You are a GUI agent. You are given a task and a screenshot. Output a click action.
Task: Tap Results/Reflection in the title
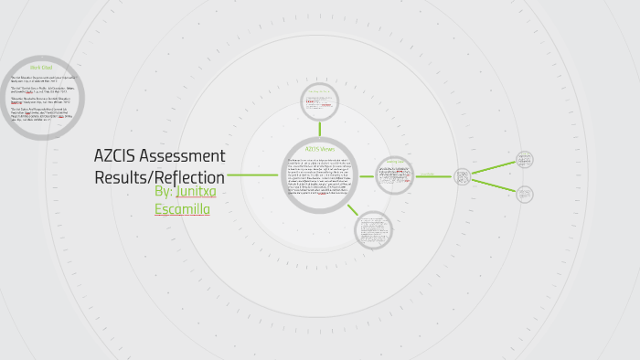[x=159, y=177]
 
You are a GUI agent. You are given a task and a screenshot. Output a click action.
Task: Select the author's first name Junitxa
[x=197, y=192]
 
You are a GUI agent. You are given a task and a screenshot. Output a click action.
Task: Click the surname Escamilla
[x=183, y=209]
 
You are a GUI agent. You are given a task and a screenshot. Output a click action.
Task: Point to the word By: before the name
[x=165, y=192]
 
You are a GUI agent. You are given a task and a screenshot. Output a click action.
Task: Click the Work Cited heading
[x=42, y=68]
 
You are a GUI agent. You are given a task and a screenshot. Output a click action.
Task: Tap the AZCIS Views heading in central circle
[x=320, y=148]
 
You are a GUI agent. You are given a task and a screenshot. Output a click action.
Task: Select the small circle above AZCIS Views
[x=320, y=102]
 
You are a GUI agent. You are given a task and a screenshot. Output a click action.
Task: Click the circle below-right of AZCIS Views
[x=373, y=228]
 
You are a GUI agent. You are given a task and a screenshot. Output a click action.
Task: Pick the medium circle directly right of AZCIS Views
[x=395, y=175]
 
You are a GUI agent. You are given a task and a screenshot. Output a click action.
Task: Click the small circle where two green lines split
[x=463, y=175]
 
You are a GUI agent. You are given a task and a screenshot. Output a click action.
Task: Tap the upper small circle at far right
[x=525, y=159]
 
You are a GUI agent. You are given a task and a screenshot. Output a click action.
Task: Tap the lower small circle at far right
[x=525, y=194]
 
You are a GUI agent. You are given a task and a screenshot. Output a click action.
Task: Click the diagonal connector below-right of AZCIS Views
[x=352, y=209]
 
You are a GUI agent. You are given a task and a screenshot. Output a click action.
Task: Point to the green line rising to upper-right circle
[x=494, y=166]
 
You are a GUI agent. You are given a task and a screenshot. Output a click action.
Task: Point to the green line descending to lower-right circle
[x=494, y=185]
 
